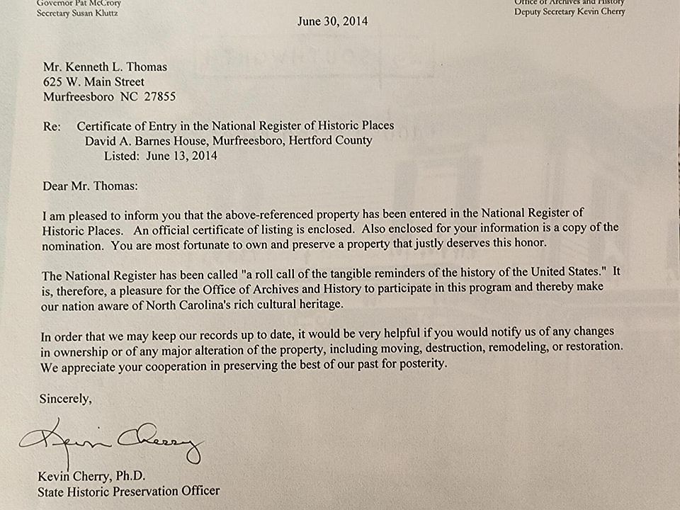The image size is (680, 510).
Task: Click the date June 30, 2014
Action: (332, 21)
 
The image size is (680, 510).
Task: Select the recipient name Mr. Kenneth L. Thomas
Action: (105, 67)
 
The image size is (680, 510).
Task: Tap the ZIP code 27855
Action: (159, 96)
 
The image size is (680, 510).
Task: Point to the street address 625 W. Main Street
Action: (93, 81)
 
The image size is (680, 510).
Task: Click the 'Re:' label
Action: (52, 126)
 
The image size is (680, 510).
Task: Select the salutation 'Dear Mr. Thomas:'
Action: (89, 186)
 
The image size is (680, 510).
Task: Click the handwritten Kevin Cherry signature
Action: (113, 443)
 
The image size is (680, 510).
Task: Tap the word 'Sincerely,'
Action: (65, 398)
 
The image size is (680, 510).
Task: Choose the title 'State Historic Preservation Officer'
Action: (129, 490)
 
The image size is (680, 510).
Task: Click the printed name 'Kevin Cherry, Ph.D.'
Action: (91, 475)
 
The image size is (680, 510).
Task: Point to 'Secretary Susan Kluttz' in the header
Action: (79, 12)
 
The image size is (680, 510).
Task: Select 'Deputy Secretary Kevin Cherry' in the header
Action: (569, 11)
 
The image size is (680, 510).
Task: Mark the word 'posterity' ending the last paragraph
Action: (422, 366)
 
